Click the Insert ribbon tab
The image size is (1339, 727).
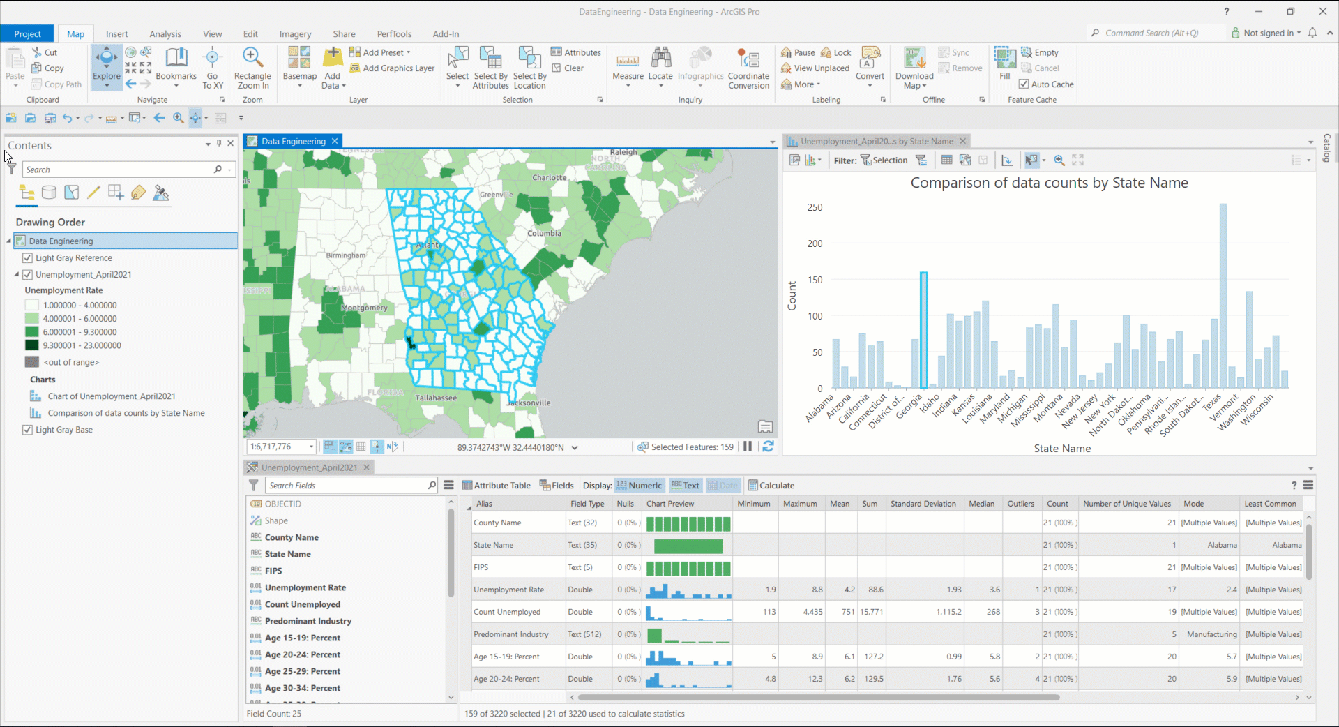coord(116,33)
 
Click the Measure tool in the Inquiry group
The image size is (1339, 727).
coord(628,67)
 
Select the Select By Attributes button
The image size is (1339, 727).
coord(490,67)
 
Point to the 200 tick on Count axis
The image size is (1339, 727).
coord(815,243)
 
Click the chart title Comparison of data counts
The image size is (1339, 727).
coord(1049,183)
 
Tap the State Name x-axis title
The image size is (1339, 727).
coord(1061,449)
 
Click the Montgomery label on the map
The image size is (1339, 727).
coord(364,308)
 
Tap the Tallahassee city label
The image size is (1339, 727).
coord(436,398)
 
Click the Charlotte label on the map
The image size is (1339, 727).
coord(549,177)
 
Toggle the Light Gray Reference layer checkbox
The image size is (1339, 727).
coord(28,258)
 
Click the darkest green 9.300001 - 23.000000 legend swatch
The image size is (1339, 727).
coord(32,345)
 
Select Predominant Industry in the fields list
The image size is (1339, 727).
coord(308,621)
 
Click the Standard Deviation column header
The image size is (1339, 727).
coord(923,504)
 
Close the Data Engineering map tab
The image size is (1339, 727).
coord(335,141)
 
